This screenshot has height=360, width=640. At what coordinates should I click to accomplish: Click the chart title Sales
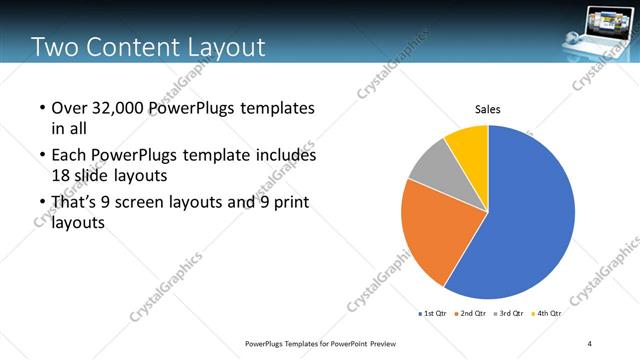tap(487, 109)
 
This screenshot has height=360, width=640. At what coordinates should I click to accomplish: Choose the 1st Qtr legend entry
tap(433, 313)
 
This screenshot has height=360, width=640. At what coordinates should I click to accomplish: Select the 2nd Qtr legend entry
tap(472, 313)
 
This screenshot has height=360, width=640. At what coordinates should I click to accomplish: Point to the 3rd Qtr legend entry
tap(510, 313)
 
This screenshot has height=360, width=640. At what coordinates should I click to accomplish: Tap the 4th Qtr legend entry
tap(547, 313)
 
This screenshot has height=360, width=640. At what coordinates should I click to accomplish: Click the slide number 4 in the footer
tap(589, 344)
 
